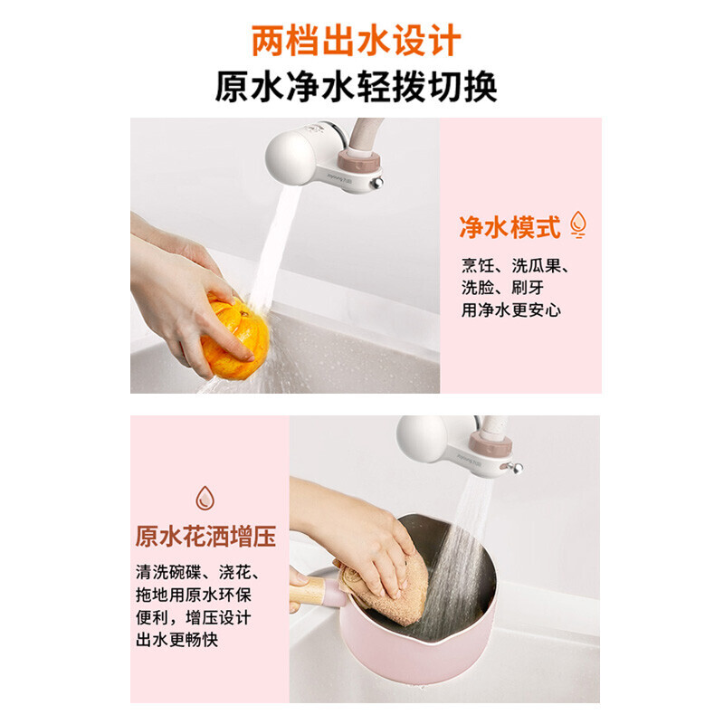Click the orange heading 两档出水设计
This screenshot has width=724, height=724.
pyautogui.click(x=356, y=42)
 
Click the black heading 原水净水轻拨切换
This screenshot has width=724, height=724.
pyautogui.click(x=356, y=86)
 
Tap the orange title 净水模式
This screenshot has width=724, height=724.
pyautogui.click(x=510, y=227)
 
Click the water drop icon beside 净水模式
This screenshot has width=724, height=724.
pyautogui.click(x=577, y=224)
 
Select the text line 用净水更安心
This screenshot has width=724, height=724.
pyautogui.click(x=510, y=310)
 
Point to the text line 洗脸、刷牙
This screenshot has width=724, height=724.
pyautogui.click(x=502, y=288)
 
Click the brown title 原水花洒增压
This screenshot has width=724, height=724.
pyautogui.click(x=205, y=536)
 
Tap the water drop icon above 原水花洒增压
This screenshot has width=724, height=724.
pyautogui.click(x=205, y=498)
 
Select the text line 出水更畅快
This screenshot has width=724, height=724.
pyautogui.click(x=176, y=640)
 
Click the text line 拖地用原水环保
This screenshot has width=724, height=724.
pyautogui.click(x=194, y=595)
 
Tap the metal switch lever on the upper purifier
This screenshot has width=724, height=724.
pyautogui.click(x=376, y=183)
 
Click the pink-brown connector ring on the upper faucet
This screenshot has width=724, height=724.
pyautogui.click(x=358, y=159)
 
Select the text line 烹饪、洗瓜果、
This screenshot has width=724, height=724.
pyautogui.click(x=515, y=265)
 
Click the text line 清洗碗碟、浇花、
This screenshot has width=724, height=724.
pyautogui.click(x=197, y=572)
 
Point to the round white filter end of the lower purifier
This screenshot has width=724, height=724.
pyautogui.click(x=421, y=439)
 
